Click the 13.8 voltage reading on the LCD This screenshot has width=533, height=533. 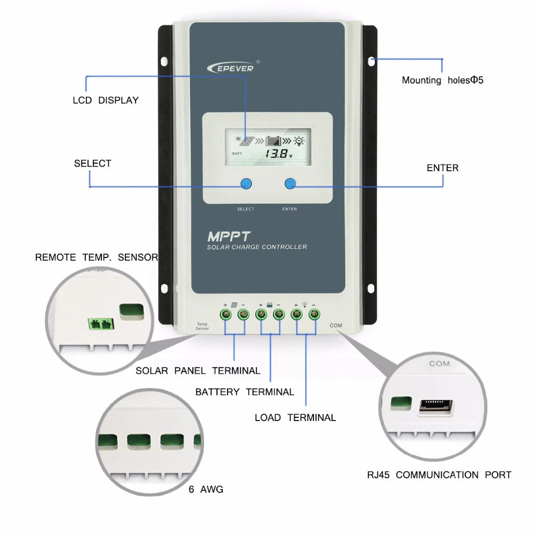tap(275, 155)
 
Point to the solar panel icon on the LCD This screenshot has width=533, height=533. tap(246, 142)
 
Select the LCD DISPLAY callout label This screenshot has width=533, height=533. tap(106, 100)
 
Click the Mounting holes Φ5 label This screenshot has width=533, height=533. tap(442, 80)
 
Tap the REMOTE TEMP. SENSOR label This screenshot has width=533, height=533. tap(96, 257)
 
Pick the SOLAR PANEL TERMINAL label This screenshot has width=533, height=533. tap(198, 371)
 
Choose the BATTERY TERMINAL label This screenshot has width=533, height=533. tap(245, 392)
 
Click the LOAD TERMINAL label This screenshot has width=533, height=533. tap(295, 418)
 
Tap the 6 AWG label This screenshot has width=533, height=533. tap(206, 489)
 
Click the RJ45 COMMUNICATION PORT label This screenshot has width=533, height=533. tap(439, 475)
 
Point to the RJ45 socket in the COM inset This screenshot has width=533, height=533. tap(436, 407)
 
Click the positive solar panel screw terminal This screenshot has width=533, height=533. tap(225, 314)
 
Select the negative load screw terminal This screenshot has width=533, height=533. tap(314, 314)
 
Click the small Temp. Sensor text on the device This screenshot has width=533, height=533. tap(203, 326)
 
